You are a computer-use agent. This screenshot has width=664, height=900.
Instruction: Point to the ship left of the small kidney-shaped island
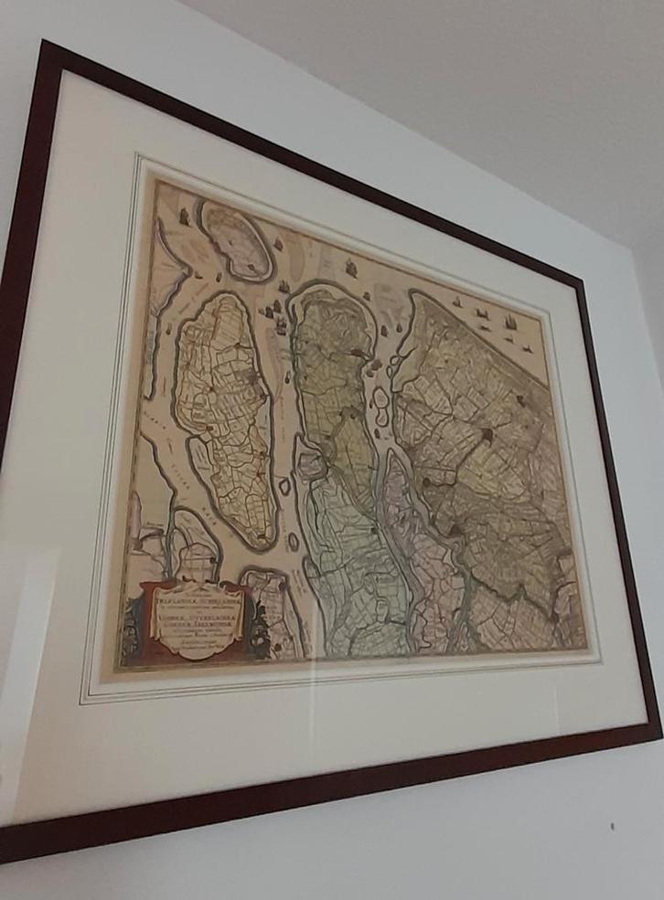(184, 217)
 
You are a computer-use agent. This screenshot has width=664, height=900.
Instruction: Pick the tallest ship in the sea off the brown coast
(509, 322)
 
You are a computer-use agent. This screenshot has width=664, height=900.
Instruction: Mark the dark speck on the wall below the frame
(612, 826)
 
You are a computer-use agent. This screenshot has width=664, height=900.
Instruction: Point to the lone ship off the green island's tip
(351, 268)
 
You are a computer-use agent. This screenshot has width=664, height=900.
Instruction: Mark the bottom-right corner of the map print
(586, 650)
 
